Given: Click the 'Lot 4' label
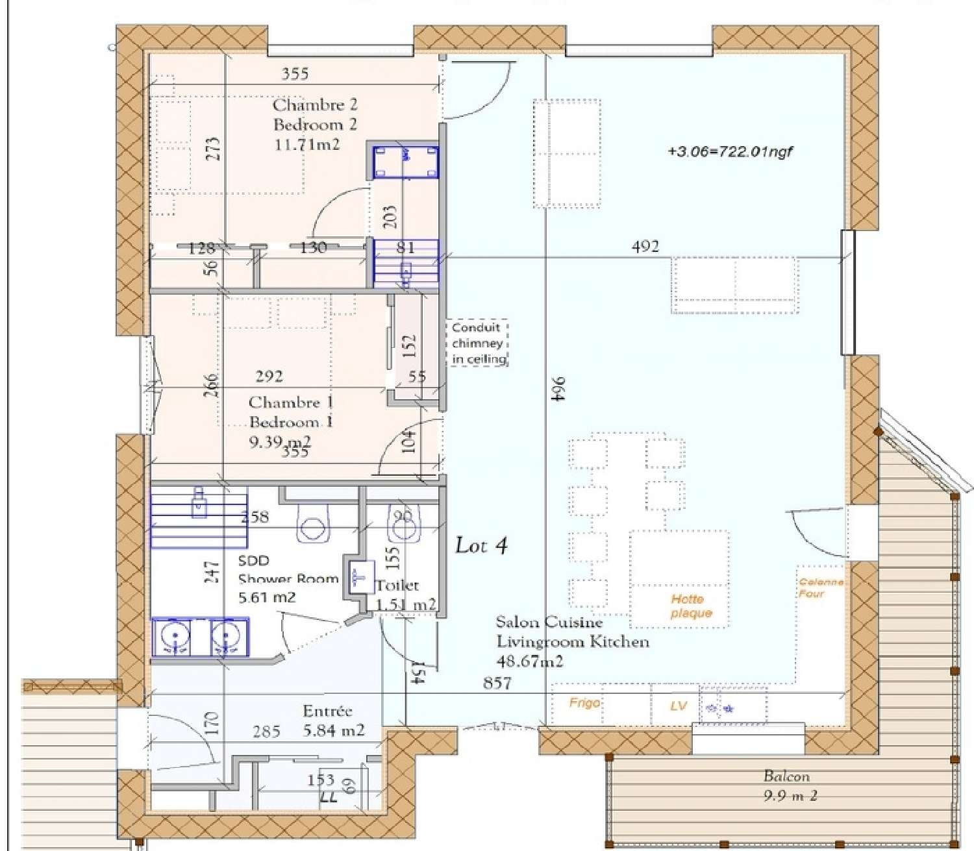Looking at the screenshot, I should click(x=481, y=545).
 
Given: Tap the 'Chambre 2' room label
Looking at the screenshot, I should click(x=315, y=105).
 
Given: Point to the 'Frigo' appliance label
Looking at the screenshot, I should click(x=584, y=702).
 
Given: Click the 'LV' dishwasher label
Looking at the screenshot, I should click(x=678, y=706).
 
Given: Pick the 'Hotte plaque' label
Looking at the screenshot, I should click(x=691, y=606).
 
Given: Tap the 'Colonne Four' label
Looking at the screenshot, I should click(x=821, y=587).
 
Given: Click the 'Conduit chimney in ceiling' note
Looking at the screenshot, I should click(x=479, y=343).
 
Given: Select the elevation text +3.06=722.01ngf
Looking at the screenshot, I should click(x=730, y=152).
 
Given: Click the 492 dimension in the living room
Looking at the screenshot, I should click(x=645, y=246).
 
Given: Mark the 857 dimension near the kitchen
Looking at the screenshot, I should click(x=497, y=683).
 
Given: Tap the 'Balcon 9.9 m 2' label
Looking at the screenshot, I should click(x=788, y=785).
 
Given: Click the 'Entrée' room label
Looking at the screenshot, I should click(x=327, y=711).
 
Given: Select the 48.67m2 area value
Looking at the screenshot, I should click(x=529, y=661).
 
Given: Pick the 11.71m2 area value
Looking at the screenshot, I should click(x=306, y=144).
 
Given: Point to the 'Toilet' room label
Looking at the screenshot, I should click(x=397, y=585).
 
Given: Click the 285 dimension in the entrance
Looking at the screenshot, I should click(x=266, y=732).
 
